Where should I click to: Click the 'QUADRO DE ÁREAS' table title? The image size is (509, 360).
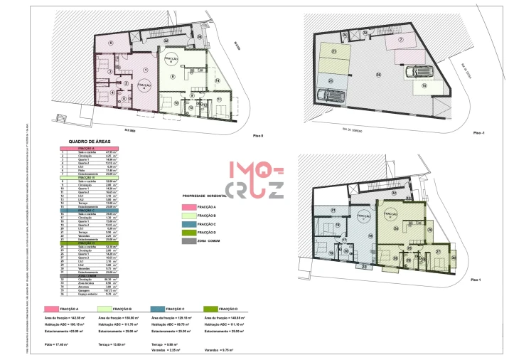89,142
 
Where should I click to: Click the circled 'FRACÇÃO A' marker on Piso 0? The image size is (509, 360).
144,85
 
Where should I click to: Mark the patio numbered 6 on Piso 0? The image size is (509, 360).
111,45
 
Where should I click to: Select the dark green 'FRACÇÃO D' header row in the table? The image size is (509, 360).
89,243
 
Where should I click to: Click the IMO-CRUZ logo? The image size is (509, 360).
256,180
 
